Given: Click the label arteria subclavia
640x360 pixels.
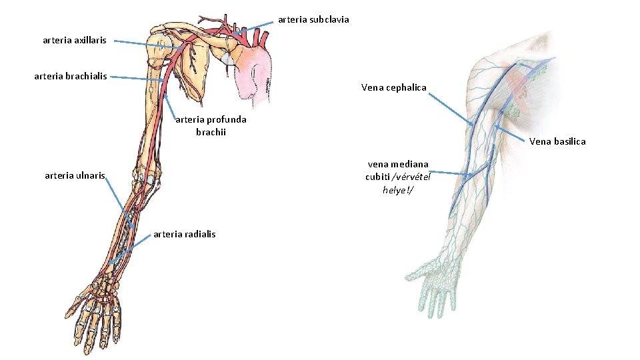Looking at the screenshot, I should point(313,19).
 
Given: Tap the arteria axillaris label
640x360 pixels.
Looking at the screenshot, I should point(74,41).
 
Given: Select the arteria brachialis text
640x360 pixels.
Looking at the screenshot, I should point(70,76).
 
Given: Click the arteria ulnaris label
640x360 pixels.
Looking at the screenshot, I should point(75,176).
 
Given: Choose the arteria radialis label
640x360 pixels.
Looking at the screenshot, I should point(184,234).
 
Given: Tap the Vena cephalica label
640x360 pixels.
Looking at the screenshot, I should point(393,87).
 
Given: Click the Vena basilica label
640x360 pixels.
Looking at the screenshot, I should point(558,141).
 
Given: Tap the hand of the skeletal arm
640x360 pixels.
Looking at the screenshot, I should point(93,313).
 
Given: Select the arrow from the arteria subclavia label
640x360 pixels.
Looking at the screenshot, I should point(255,27).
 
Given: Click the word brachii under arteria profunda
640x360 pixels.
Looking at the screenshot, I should point(211,132).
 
